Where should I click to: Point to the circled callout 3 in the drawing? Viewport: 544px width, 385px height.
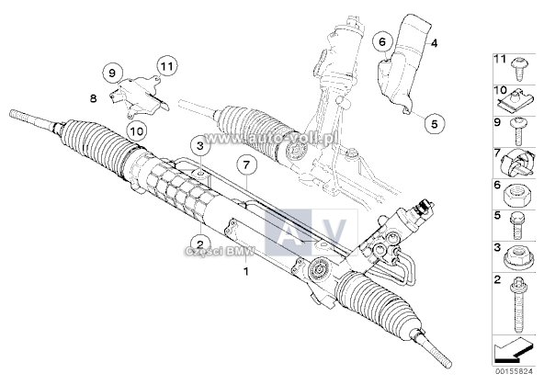(x=198, y=145)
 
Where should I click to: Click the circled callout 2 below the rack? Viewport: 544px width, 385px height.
(x=195, y=246)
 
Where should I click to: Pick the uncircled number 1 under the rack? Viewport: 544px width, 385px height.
(x=245, y=273)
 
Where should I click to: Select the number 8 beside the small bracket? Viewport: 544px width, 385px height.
(x=94, y=96)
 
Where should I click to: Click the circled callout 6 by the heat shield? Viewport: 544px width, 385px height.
(x=380, y=42)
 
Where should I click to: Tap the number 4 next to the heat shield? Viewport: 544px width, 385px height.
(x=435, y=43)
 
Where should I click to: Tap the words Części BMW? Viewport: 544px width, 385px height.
(x=209, y=253)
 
